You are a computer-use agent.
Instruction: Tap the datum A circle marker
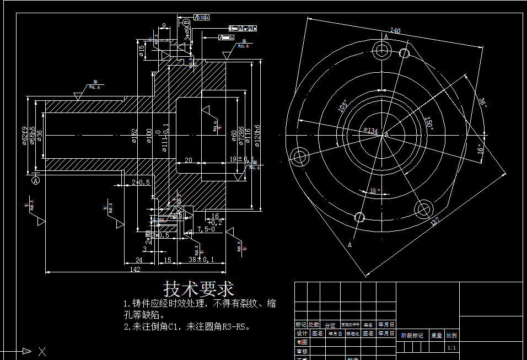[x=36, y=180]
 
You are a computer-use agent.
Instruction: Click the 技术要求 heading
[x=199, y=289]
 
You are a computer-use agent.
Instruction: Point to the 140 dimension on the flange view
[x=395, y=30]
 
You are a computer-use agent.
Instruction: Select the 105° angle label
[x=343, y=106]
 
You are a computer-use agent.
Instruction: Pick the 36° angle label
[x=482, y=104]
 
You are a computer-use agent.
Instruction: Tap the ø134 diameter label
[x=370, y=131]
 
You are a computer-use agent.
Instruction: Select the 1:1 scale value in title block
[x=451, y=348]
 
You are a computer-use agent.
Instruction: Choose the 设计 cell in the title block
[x=302, y=334]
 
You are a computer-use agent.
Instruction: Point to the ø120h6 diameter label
[x=257, y=136]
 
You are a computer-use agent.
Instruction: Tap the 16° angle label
[x=480, y=149]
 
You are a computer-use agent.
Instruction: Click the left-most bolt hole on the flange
[x=300, y=157]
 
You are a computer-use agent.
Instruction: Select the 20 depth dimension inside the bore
[x=189, y=160]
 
